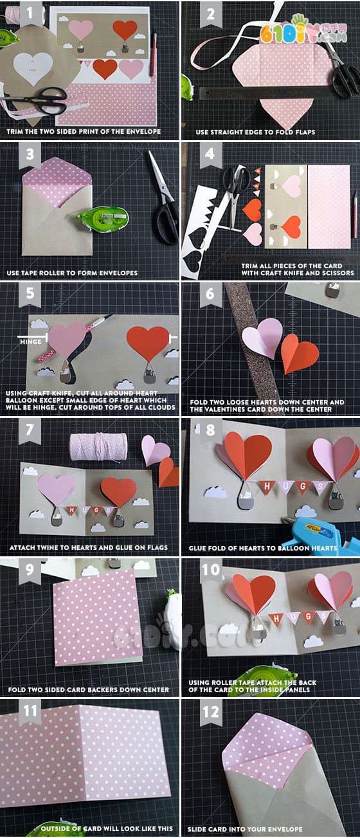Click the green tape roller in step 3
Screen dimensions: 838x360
point(103,218)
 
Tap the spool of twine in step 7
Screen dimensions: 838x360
point(98,446)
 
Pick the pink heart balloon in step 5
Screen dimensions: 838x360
point(67,338)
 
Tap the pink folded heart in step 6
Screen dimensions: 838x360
point(262,337)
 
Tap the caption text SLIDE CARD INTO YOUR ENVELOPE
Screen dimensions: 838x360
point(245,830)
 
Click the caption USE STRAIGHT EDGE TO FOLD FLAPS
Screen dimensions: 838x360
point(250,132)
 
